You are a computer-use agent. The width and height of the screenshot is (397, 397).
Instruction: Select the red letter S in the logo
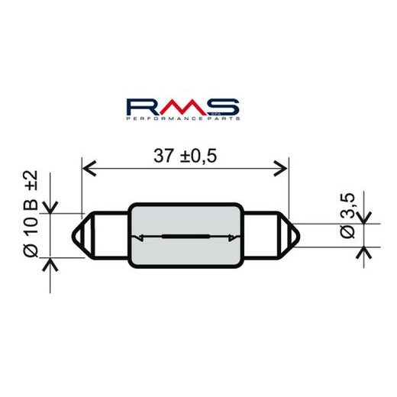click(x=227, y=106)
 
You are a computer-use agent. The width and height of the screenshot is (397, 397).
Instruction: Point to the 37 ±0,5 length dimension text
click(x=186, y=156)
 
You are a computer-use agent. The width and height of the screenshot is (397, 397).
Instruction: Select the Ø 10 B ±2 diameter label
click(x=31, y=213)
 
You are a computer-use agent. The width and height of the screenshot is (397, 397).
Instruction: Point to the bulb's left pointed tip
click(x=76, y=235)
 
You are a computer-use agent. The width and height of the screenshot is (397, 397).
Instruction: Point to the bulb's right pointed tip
click(x=295, y=235)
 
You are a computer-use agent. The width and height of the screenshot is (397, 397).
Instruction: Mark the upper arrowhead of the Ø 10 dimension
click(x=50, y=206)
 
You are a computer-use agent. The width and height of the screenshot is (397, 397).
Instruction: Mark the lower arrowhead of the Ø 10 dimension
click(x=50, y=264)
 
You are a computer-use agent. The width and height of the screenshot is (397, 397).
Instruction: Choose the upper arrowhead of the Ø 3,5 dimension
click(x=364, y=218)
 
